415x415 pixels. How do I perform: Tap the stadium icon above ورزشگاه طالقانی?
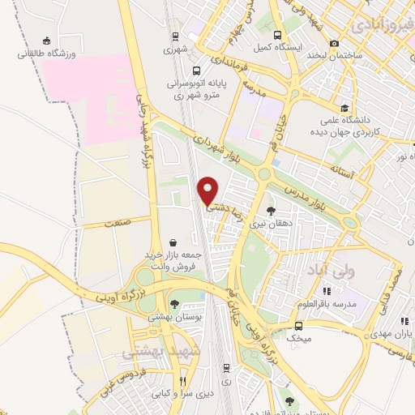point(47,41)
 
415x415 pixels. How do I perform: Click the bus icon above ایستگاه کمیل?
point(278,36)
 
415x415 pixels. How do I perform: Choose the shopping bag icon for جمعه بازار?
point(173,242)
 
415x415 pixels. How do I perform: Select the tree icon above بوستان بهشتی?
point(175,304)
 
